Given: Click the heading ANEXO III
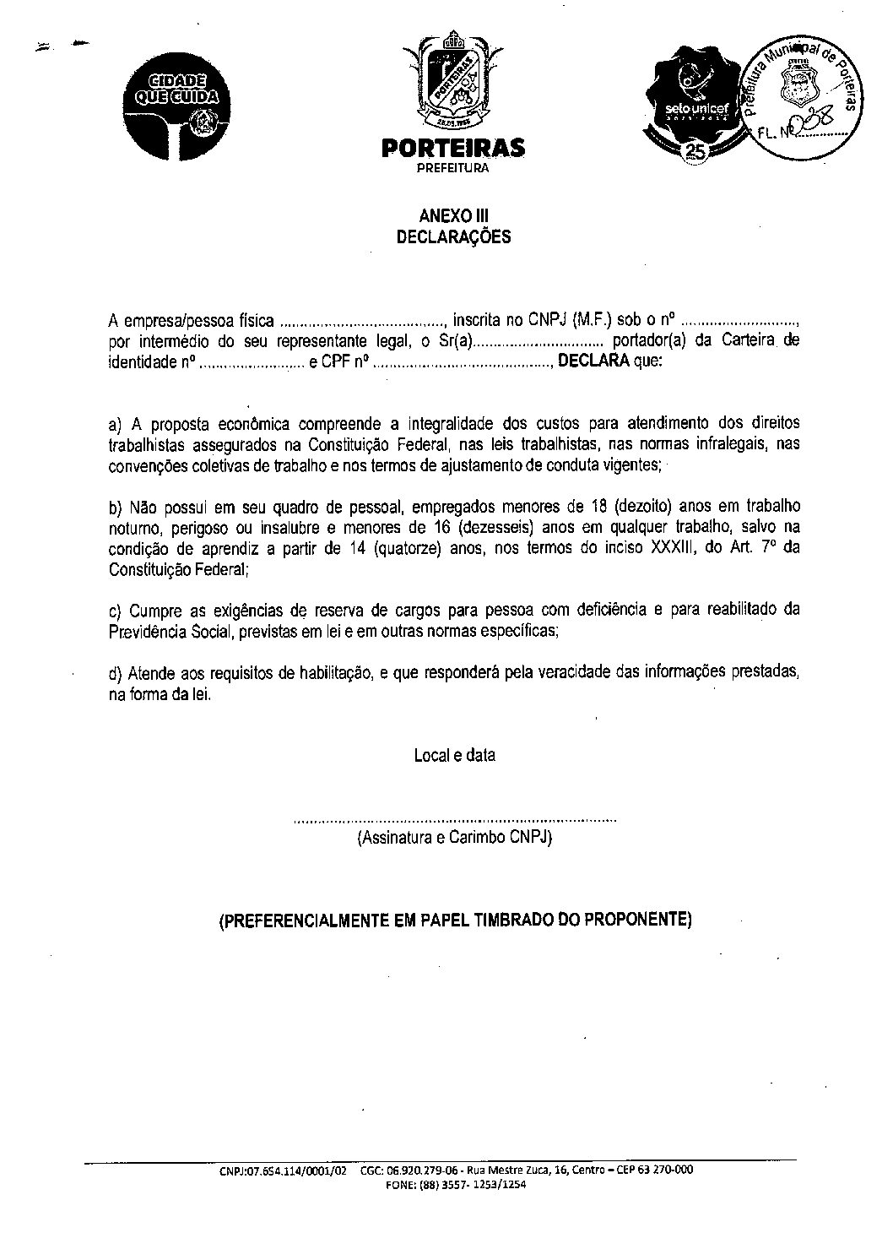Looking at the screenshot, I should [454, 216].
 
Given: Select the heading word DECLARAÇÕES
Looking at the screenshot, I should [454, 237].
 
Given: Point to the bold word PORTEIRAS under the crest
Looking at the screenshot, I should [453, 149].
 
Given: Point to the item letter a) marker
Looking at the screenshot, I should [116, 424].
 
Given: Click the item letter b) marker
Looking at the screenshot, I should [116, 508].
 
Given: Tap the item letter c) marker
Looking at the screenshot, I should [116, 610].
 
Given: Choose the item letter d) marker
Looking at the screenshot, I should [116, 672].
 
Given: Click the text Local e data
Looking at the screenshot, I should [454, 755].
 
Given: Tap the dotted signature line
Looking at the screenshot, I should [454, 820].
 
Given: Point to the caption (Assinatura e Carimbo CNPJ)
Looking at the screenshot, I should [454, 838].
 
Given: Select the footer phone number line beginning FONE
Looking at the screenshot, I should [456, 1185].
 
